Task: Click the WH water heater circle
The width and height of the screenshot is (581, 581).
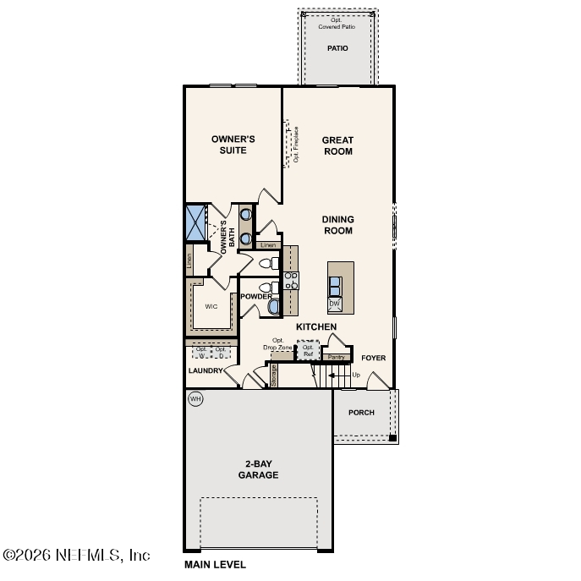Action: [195, 398]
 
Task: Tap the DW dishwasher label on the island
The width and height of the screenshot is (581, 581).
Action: [335, 304]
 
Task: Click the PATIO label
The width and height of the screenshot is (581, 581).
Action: [337, 48]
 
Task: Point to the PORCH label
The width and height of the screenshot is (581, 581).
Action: [361, 413]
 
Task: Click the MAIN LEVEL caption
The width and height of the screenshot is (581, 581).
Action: [215, 564]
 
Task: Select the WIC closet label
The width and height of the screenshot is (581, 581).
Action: [211, 306]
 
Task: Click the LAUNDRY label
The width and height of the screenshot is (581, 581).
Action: [206, 370]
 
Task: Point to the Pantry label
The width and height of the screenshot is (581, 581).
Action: [336, 358]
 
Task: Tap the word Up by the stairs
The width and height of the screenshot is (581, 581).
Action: [356, 374]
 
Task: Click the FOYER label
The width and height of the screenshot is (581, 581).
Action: [373, 358]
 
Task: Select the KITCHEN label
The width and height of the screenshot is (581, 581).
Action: [316, 326]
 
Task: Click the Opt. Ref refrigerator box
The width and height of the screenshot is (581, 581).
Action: [308, 350]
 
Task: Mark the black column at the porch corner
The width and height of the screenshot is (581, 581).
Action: [392, 438]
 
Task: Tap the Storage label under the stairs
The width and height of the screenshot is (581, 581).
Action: [274, 375]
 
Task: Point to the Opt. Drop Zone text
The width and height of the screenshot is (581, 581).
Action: [277, 344]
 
